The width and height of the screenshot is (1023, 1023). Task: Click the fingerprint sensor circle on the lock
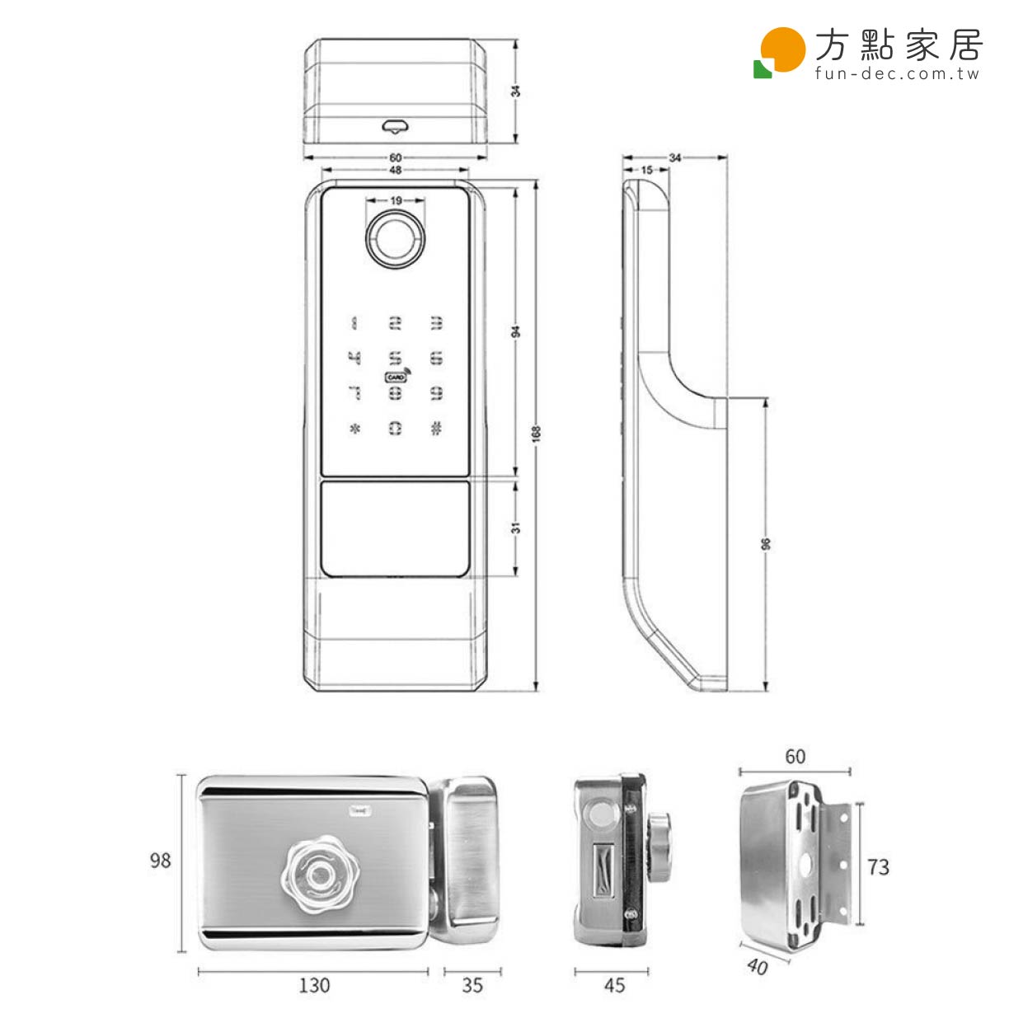(x=396, y=239)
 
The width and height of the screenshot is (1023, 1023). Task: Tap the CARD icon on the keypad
(x=396, y=378)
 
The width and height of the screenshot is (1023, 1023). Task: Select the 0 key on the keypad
(x=396, y=428)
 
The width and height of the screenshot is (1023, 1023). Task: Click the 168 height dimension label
(x=536, y=434)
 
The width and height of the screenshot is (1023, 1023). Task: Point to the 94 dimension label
(x=516, y=331)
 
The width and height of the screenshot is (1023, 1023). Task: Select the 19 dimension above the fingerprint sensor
(x=396, y=200)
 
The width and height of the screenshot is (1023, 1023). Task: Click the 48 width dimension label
(x=396, y=171)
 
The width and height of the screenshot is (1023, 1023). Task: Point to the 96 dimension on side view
(x=766, y=544)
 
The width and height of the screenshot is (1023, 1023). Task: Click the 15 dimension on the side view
(x=646, y=171)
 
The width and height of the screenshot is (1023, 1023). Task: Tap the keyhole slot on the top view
(x=396, y=125)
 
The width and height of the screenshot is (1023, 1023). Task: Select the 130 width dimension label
(x=313, y=985)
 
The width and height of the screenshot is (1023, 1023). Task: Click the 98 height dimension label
(x=160, y=861)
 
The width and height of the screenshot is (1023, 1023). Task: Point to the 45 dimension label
(x=614, y=985)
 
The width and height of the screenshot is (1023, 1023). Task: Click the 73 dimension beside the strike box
(x=879, y=867)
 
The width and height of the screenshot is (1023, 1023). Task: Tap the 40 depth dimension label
(x=757, y=965)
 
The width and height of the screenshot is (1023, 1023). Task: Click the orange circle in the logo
(x=782, y=49)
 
